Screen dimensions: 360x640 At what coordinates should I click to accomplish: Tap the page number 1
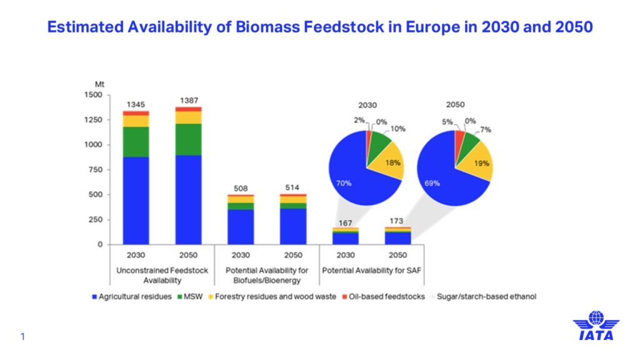(22, 337)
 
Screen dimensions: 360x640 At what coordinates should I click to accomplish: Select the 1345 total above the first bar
(136, 104)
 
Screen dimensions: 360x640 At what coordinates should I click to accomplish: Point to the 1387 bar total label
(189, 101)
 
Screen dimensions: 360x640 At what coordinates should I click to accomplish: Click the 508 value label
(241, 187)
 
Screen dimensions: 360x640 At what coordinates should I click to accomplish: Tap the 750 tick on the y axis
(95, 170)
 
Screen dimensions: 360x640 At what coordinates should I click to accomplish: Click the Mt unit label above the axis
(99, 84)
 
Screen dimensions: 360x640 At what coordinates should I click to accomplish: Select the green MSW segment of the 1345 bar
(136, 141)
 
